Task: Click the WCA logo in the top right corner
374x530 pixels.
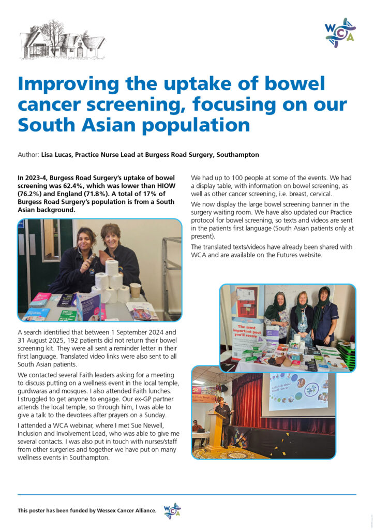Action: (340, 33)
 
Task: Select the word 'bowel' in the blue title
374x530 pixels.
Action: (291, 84)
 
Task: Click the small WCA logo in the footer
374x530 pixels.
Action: (172, 511)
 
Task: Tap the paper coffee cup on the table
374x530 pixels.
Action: (135, 290)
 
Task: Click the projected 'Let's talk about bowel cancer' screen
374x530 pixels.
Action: (298, 391)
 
